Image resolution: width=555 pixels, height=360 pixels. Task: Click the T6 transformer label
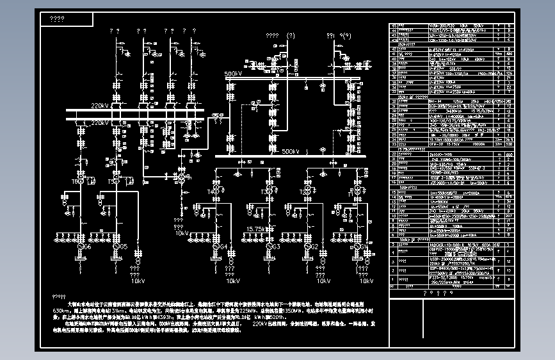[x=76, y=182]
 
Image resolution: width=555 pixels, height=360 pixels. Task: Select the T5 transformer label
[x=112, y=182]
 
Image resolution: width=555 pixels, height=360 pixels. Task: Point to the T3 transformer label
[x=265, y=192]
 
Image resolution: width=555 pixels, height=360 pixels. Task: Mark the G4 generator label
[x=223, y=247]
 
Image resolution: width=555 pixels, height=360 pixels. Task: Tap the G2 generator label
[x=332, y=247]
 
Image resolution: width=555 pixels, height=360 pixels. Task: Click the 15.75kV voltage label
[x=256, y=229]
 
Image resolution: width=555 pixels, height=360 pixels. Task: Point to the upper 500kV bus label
[x=233, y=74]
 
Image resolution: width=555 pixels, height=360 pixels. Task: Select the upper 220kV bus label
[x=100, y=106]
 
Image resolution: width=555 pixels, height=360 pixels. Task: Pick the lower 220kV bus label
[x=100, y=122]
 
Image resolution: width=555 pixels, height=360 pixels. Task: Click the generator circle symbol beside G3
[x=269, y=246]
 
